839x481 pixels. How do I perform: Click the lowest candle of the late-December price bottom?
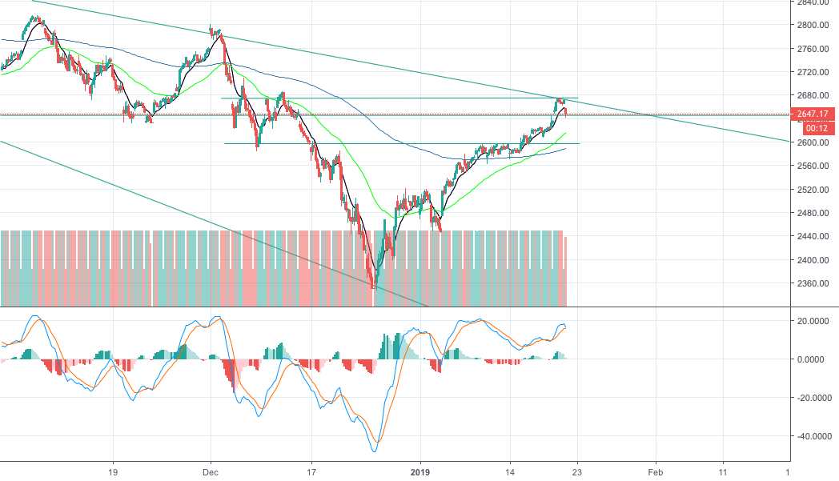(373, 285)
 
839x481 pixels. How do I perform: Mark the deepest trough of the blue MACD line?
(373, 451)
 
